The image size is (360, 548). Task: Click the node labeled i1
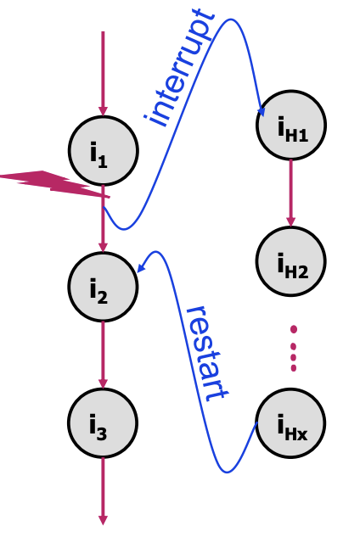[x=103, y=150]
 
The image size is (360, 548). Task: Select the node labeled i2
[x=103, y=286]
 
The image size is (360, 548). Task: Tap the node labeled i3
[x=103, y=422]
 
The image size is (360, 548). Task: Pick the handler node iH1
[x=291, y=125]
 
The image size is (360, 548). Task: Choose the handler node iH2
[x=291, y=260]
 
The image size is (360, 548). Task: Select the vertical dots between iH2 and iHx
[x=293, y=349]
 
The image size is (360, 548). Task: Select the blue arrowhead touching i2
[x=141, y=267]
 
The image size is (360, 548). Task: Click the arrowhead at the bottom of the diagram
[x=103, y=519]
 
